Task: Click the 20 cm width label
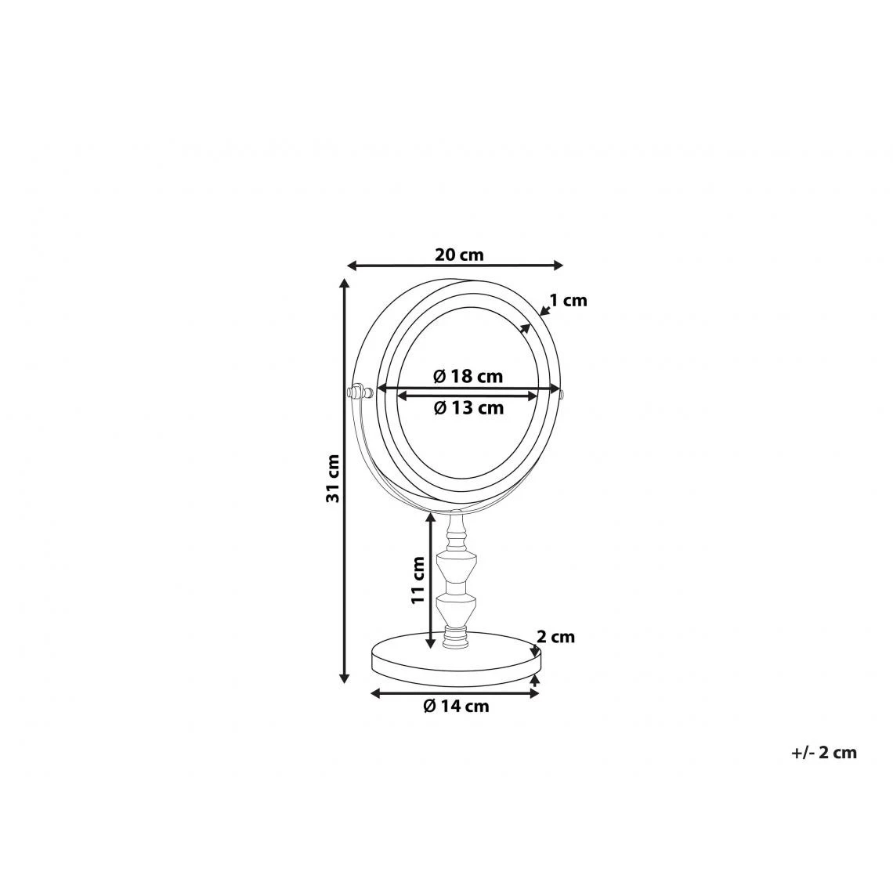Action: pyautogui.click(x=459, y=255)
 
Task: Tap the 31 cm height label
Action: pyautogui.click(x=333, y=479)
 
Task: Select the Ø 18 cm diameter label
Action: pyautogui.click(x=468, y=377)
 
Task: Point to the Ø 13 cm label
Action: pyautogui.click(x=468, y=408)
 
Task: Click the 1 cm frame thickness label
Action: pyautogui.click(x=569, y=300)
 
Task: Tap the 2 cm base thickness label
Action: pyautogui.click(x=556, y=637)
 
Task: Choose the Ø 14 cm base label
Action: pyautogui.click(x=456, y=707)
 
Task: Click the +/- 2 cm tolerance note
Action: pyautogui.click(x=823, y=752)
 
